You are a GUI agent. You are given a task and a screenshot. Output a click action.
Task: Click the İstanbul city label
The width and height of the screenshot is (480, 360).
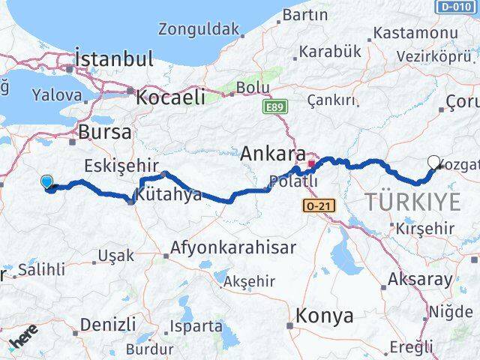pos(114,59)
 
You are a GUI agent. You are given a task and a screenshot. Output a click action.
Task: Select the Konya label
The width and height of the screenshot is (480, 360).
pos(325,316)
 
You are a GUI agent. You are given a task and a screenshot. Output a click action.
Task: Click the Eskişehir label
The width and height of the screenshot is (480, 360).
pos(120,165)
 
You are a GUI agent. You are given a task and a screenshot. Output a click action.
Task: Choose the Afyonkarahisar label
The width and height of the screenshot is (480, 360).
pos(233,247)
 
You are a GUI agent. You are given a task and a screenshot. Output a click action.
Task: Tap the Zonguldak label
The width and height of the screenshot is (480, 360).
pos(199,30)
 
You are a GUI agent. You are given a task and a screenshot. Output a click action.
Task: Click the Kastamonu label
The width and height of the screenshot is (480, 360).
pos(415,33)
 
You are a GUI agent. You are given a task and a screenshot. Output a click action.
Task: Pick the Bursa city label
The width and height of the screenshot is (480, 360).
pos(105,132)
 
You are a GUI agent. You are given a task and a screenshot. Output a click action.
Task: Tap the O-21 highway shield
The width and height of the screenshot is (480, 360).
pos(321,205)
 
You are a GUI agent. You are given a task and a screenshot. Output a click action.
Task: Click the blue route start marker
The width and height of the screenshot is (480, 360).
pos(47,181)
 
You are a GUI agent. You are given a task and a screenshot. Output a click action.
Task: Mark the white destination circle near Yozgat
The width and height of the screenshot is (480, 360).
pos(433,161)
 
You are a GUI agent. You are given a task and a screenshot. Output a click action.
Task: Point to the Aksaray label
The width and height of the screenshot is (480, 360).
pos(419,280)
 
